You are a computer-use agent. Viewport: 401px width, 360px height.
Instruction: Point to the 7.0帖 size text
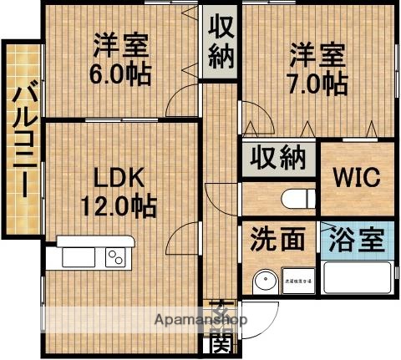pyautogui.click(x=318, y=81)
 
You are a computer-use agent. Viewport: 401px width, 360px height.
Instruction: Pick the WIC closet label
pyautogui.click(x=358, y=178)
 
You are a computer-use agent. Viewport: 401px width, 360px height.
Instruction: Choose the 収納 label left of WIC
pyautogui.click(x=279, y=158)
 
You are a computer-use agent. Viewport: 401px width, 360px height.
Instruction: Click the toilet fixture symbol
pyautogui.click(x=295, y=199)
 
